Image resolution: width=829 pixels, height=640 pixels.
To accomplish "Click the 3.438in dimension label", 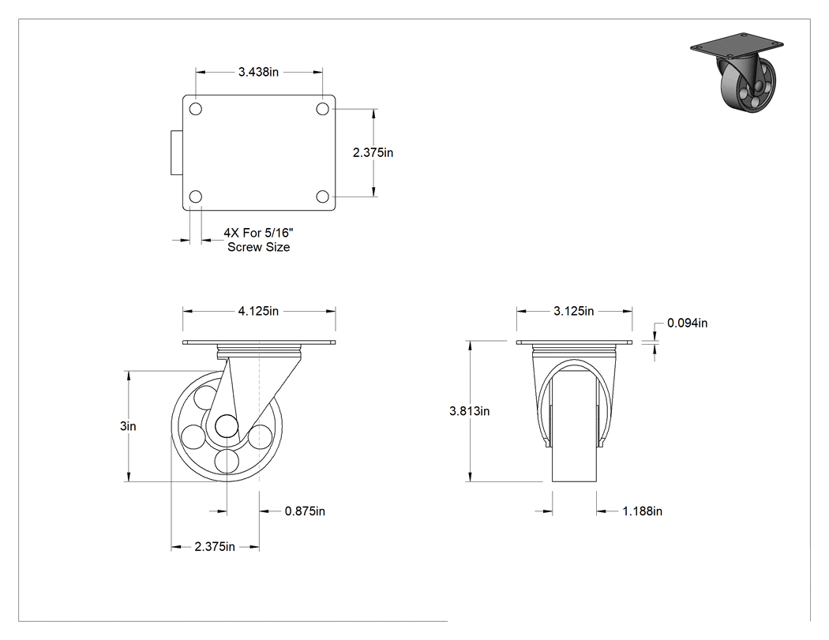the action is pos(258,72).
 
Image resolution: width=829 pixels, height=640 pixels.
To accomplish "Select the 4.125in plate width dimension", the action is pos(258,311).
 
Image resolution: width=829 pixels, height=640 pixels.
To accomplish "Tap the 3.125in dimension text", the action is pos(574,311).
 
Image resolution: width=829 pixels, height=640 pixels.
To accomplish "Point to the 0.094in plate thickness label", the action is pos(688,323).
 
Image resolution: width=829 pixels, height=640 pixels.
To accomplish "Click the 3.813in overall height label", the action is pos(470,410).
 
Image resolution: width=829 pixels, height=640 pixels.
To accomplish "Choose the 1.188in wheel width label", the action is pos(643,511).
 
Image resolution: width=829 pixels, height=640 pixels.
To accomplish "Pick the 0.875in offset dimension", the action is pos(305,511).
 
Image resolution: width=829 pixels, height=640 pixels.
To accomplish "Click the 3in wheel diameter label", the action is pos(128,426).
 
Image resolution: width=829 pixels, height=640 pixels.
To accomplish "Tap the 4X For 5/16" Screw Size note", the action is pos(258,239).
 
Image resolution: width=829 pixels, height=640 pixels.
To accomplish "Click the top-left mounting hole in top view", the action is pos(196,109).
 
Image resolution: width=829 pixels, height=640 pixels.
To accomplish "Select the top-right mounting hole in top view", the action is pos(322,109).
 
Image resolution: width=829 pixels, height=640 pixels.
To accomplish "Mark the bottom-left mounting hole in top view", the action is pos(196,196).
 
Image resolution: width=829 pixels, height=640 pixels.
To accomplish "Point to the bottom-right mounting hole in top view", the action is pos(322,196).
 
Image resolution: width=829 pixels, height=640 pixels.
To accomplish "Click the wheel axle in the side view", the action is pos(227,425).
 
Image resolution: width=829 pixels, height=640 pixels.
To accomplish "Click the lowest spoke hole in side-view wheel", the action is pos(227,460).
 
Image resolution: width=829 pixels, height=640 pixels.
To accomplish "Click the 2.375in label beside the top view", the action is pos(373,153).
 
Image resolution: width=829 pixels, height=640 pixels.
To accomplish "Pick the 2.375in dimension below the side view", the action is pos(215,546).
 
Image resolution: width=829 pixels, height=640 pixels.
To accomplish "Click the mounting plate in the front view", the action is pos(575,342).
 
